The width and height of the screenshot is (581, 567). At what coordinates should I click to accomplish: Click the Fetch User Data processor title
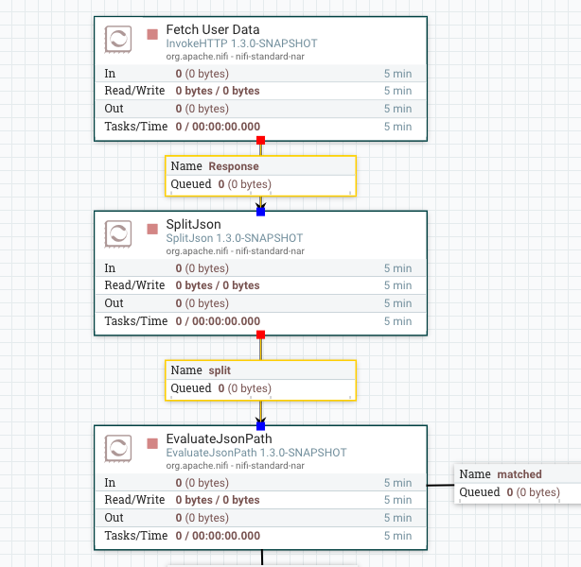[x=212, y=29]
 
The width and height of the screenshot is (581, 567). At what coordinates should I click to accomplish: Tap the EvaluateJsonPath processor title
[x=219, y=438]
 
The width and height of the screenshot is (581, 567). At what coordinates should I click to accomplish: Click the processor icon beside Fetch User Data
[x=118, y=39]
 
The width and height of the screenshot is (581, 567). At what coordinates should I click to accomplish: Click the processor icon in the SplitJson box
[x=118, y=233]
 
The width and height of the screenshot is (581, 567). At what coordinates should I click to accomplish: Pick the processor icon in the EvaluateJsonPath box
[x=118, y=448]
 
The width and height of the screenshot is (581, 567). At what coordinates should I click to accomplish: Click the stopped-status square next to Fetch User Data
[x=152, y=35]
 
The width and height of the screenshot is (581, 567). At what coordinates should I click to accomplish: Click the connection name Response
[x=233, y=166]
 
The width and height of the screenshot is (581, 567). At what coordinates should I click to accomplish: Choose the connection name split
[x=220, y=370]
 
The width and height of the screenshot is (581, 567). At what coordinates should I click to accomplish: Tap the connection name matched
[x=519, y=474]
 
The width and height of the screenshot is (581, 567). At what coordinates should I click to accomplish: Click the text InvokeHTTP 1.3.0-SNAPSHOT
[x=241, y=43]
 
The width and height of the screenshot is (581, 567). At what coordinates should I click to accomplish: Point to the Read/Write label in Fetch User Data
[x=135, y=91]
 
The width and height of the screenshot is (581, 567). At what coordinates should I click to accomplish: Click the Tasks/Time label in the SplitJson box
[x=135, y=321]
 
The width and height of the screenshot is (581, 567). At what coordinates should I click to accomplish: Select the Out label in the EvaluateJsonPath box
[x=114, y=518]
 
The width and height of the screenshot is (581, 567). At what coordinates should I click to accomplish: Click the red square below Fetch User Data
[x=260, y=140]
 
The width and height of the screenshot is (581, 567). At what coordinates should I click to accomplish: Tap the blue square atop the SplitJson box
[x=260, y=211]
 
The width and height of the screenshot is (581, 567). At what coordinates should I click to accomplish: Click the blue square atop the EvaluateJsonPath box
[x=260, y=425]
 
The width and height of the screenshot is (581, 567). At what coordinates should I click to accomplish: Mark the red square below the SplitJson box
[x=260, y=335]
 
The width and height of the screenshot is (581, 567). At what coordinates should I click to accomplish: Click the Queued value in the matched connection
[x=533, y=492]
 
